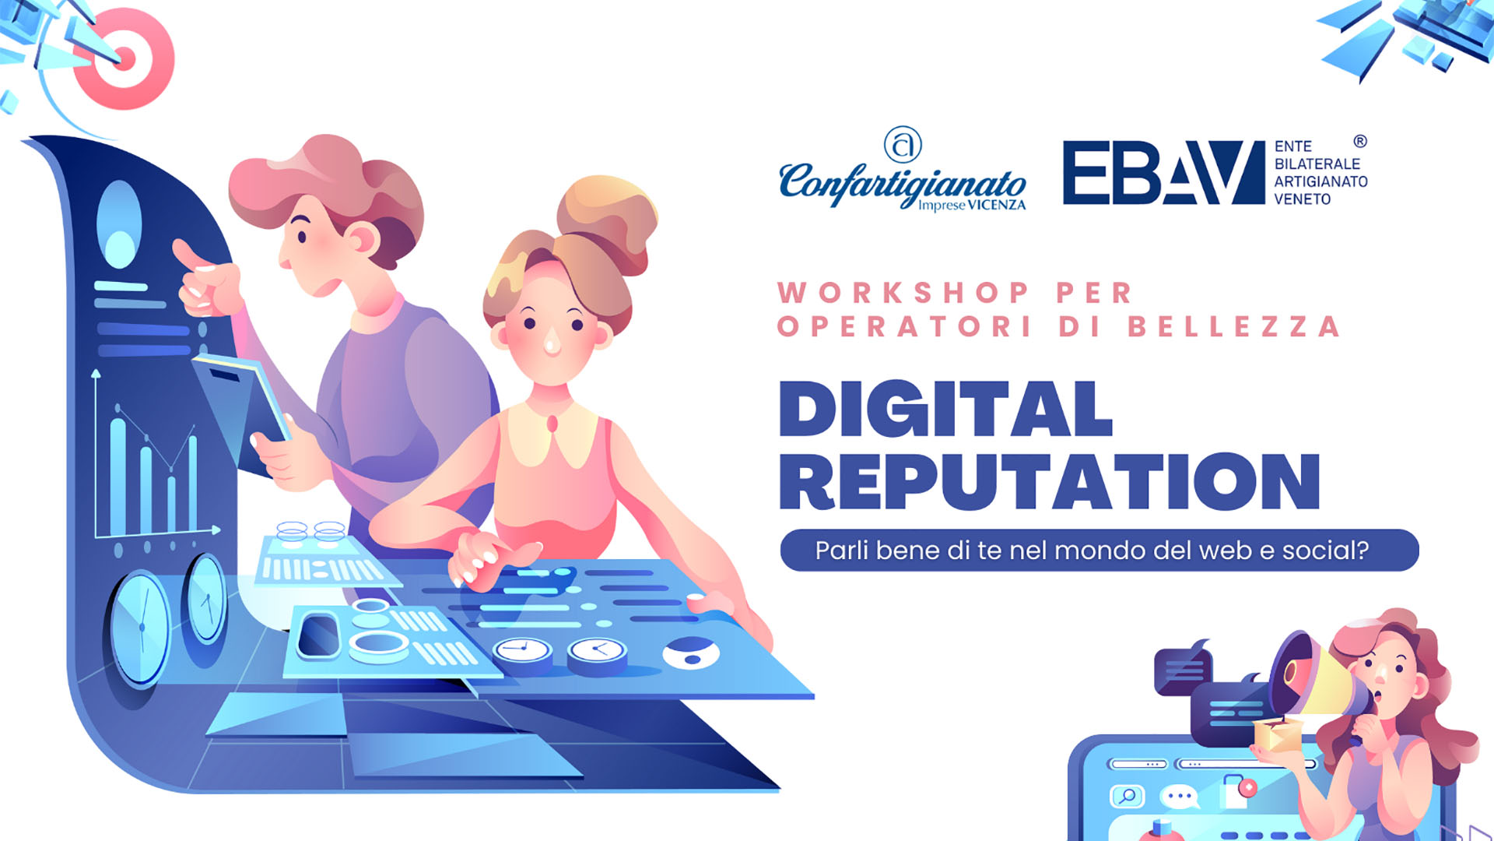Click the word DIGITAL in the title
click(x=946, y=409)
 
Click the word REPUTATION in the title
click(x=1050, y=481)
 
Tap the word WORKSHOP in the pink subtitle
click(x=903, y=293)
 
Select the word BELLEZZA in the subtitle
click(x=1234, y=326)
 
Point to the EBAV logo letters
click(x=1164, y=172)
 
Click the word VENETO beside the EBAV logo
click(x=1303, y=199)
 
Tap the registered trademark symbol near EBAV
click(x=1360, y=141)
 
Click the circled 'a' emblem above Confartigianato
click(x=903, y=145)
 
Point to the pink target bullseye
click(x=124, y=59)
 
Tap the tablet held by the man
click(x=243, y=405)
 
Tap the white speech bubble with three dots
click(x=1180, y=797)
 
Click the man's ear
click(x=362, y=239)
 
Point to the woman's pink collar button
click(x=552, y=424)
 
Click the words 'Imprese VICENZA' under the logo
click(x=972, y=206)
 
